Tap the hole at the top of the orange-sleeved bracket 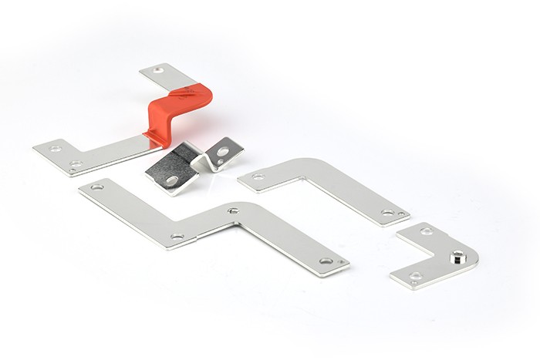click(159, 70)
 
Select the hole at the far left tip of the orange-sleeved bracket click(55, 147)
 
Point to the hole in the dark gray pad click(172, 180)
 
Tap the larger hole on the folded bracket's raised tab click(222, 152)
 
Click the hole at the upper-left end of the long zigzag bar click(96, 187)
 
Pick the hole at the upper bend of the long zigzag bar click(232, 210)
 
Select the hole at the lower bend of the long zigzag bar click(177, 236)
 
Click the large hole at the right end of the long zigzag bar click(326, 261)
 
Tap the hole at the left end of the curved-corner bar click(258, 177)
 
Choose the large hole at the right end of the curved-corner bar click(386, 212)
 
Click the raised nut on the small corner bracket click(458, 255)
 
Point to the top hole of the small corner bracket click(427, 230)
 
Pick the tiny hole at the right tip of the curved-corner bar click(400, 214)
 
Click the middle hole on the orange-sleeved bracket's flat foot click(76, 163)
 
